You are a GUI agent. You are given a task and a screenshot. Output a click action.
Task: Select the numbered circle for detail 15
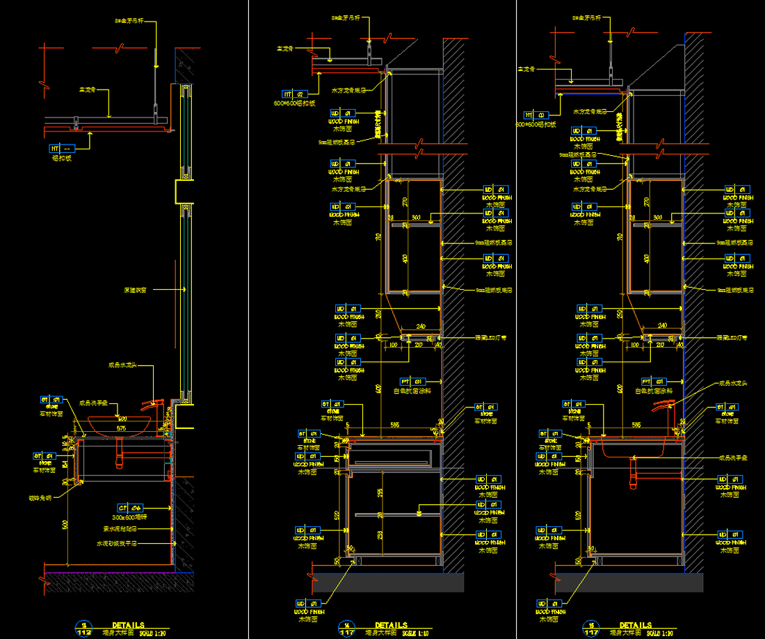click(x=592, y=628)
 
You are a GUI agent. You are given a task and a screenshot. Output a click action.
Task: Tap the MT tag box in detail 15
click(x=533, y=115)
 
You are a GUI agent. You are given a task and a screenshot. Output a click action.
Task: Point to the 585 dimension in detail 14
click(x=394, y=423)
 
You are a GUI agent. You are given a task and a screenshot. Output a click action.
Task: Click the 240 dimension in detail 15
click(x=661, y=325)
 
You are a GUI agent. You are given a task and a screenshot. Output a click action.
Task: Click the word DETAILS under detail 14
click(x=391, y=625)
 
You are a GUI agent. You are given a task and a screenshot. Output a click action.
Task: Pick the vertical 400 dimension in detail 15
click(x=645, y=259)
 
